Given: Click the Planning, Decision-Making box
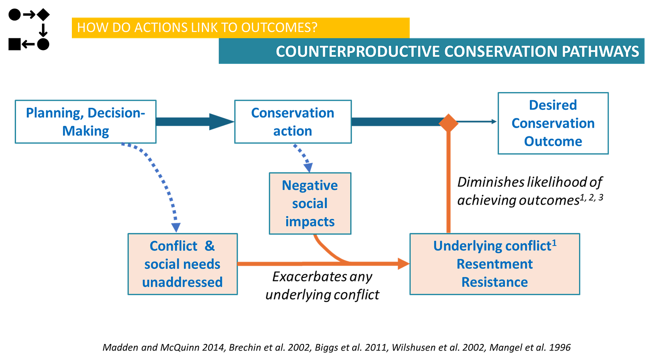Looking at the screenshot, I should click(85, 122).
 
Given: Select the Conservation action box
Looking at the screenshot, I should click(293, 122).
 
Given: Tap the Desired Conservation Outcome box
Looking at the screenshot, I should click(553, 123).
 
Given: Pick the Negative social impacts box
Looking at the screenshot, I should click(310, 203).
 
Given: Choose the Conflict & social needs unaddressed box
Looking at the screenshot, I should click(183, 264).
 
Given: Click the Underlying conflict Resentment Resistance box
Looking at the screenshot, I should click(495, 264).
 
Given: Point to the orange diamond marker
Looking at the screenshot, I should click(449, 122).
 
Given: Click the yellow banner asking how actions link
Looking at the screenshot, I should click(240, 28).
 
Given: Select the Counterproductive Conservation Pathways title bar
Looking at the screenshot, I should click(431, 51).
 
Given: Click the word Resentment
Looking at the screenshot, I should click(495, 264).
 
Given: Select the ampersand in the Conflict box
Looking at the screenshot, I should click(210, 246).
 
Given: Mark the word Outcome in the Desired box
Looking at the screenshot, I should click(553, 142).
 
